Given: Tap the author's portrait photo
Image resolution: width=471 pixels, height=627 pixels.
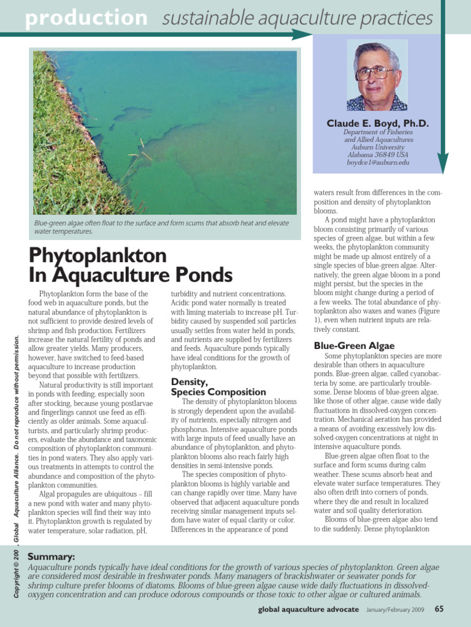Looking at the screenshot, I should click(377, 75).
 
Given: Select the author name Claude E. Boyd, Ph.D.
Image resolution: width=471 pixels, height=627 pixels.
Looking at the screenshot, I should click(378, 123).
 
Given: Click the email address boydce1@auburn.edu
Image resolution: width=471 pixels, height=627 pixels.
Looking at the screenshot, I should click(378, 163).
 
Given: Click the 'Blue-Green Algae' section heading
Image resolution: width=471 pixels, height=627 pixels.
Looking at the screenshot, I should click(354, 346).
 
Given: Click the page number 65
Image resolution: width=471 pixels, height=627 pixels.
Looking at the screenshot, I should click(439, 609).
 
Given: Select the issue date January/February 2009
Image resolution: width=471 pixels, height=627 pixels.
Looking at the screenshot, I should click(395, 610).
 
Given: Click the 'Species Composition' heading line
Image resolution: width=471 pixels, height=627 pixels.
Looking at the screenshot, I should click(218, 392).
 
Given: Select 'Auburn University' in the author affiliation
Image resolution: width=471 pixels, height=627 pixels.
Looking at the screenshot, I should click(378, 147).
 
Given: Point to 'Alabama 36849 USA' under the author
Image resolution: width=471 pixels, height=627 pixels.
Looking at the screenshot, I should click(378, 155).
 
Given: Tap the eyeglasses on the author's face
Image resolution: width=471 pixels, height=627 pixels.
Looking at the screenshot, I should click(375, 73).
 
